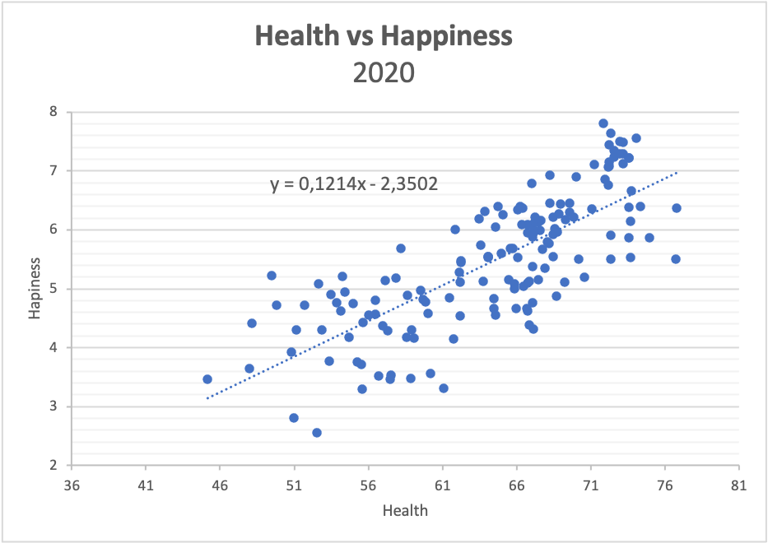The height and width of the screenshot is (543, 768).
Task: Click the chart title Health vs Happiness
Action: point(384,36)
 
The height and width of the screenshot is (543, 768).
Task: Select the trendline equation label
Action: point(354,184)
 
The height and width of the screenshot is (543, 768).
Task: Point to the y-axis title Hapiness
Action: point(34,288)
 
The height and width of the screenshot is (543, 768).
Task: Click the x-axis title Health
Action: point(405,510)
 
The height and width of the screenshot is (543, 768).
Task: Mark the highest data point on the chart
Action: point(603,123)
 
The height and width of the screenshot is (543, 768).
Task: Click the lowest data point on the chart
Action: point(317,433)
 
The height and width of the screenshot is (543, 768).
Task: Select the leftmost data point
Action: point(207,379)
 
